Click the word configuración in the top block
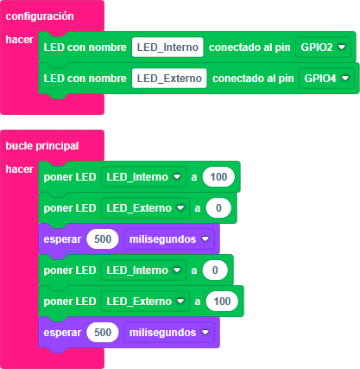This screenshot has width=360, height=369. point(40,16)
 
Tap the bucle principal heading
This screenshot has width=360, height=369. point(42,146)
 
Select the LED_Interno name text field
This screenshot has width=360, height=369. point(167,48)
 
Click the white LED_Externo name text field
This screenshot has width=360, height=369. point(169,79)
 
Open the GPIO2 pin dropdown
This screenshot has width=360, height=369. point(323,48)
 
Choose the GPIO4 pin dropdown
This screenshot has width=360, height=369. point(326,79)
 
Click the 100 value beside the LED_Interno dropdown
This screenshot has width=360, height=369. point(218,177)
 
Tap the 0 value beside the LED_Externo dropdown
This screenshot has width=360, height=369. point(218,208)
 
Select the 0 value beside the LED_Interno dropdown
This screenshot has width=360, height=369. point(215,270)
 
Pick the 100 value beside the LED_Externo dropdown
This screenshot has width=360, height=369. point(222,302)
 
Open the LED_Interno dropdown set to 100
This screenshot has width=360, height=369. point(143,177)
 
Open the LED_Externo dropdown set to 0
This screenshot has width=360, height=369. point(145,208)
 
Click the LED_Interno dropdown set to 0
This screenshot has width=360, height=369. point(143,270)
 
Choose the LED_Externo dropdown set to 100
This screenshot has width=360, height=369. point(145,302)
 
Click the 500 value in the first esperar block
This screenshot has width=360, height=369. point(103,239)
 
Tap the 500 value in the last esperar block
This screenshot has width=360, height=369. point(103,333)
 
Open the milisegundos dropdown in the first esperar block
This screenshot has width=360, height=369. point(169,239)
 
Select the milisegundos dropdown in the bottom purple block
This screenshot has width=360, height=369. point(169,333)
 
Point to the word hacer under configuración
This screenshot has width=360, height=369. point(20,40)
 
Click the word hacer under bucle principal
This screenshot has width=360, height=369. point(20,169)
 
